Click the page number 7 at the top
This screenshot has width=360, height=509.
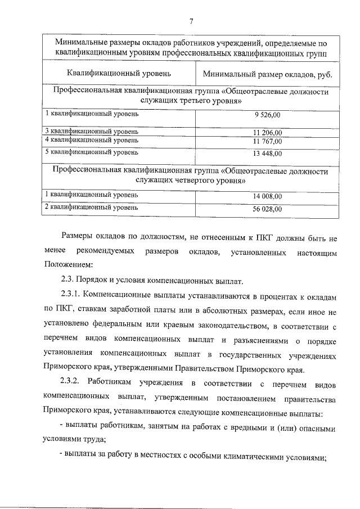191,21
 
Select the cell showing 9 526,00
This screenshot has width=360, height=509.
267,115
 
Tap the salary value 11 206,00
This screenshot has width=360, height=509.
267,133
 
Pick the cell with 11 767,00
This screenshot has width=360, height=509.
267,141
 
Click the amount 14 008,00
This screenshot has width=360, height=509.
267,196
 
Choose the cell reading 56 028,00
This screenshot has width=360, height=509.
267,209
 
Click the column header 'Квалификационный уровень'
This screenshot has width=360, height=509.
119,74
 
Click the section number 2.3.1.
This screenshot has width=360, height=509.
72,295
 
